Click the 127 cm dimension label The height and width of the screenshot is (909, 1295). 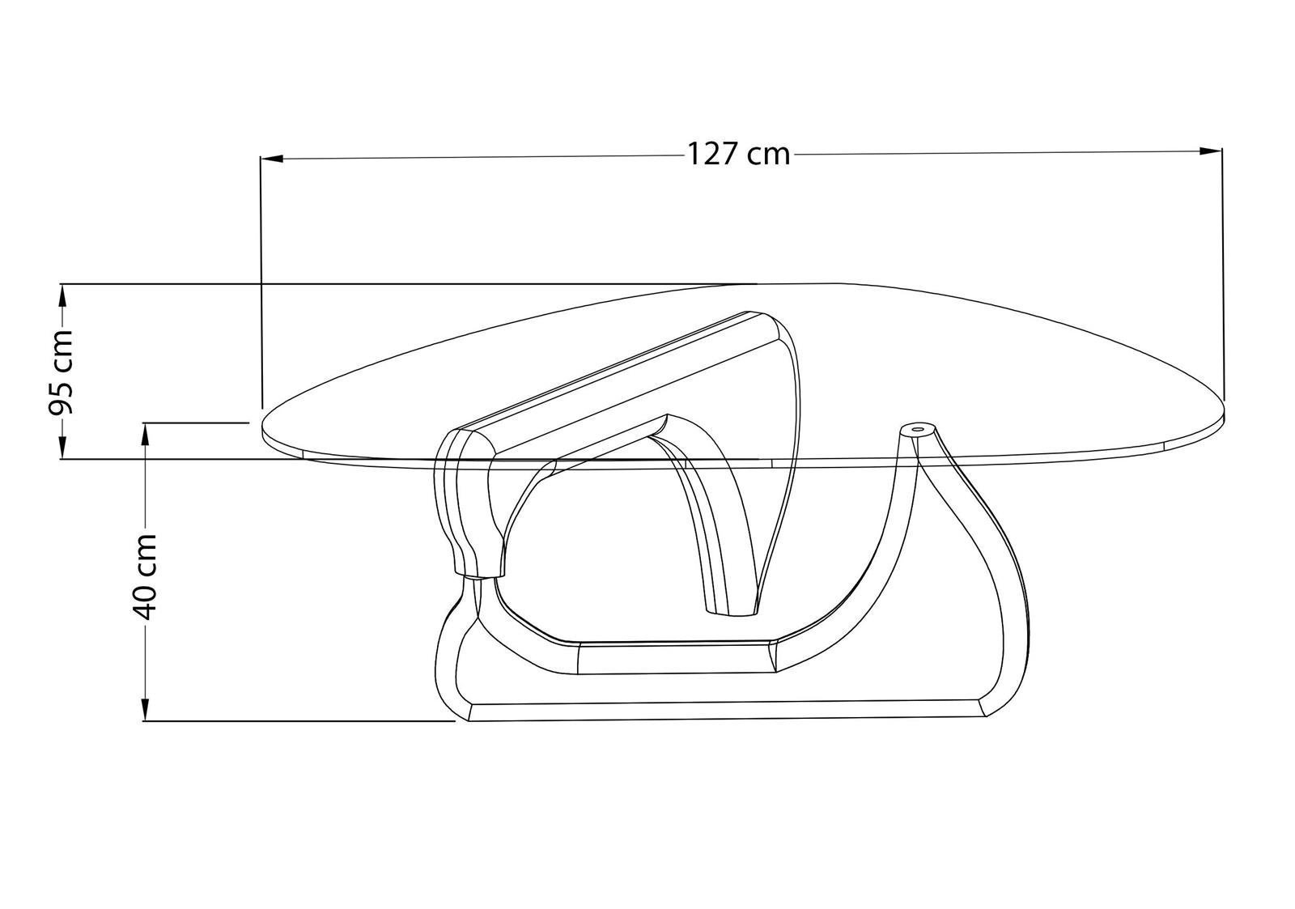pyautogui.click(x=738, y=155)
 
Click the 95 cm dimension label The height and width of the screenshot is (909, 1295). pyautogui.click(x=60, y=373)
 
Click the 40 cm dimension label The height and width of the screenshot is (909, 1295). pyautogui.click(x=142, y=576)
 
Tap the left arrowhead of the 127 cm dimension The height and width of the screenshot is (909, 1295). pyautogui.click(x=271, y=158)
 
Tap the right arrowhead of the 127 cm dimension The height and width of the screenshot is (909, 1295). pyautogui.click(x=1211, y=151)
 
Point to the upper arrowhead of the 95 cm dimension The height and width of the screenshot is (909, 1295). pyautogui.click(x=62, y=295)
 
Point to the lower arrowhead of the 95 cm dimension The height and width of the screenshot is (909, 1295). pyautogui.click(x=62, y=448)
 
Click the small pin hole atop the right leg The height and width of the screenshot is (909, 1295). pyautogui.click(x=917, y=430)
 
